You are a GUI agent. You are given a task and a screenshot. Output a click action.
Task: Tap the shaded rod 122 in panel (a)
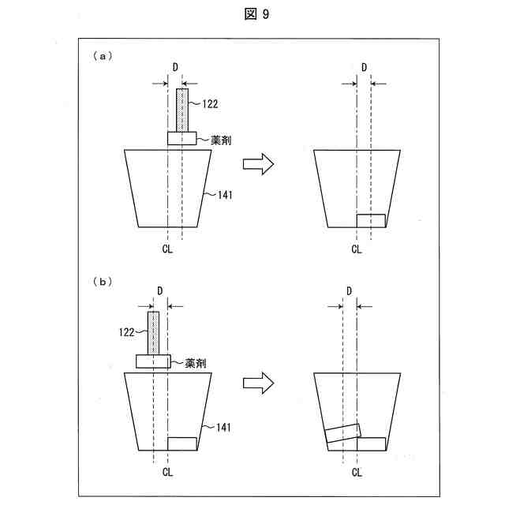tap(182, 110)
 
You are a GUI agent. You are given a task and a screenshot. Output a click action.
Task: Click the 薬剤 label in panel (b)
tap(196, 363)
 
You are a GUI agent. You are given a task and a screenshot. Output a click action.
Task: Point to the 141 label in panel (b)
tap(220, 427)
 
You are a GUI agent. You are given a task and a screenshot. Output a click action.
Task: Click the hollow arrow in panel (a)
tap(257, 164)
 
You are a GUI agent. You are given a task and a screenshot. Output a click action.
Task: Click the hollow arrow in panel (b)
tap(257, 383)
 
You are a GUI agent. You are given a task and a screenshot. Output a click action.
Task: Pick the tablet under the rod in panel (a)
tap(181, 138)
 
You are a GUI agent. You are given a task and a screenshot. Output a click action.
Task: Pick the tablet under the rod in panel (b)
tap(153, 361)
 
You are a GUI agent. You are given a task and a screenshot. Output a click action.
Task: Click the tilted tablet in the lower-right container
tap(342, 433)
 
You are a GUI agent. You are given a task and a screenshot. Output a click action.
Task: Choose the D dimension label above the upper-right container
tap(364, 67)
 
